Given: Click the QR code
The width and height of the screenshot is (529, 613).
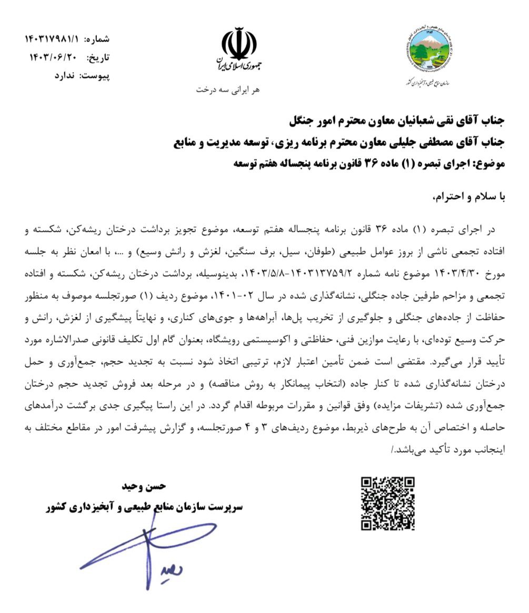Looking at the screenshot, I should click(x=388, y=504).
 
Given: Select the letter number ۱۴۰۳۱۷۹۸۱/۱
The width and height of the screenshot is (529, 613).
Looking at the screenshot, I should click(x=52, y=40).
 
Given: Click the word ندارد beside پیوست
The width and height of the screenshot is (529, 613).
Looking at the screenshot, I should click(x=65, y=75).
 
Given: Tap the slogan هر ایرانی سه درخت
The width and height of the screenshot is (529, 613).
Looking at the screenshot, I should click(x=228, y=90).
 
